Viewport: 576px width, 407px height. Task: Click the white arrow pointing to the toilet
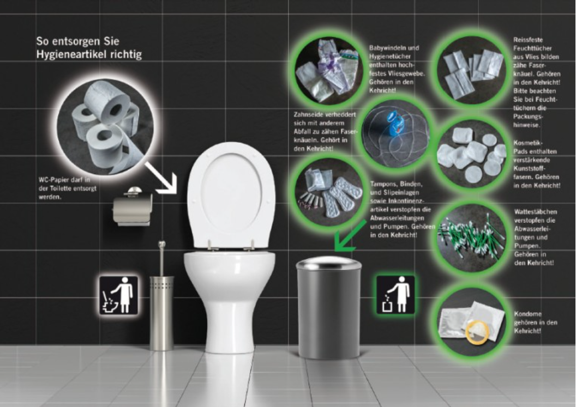(161, 177)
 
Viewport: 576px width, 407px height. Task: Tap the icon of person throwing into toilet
(119, 295)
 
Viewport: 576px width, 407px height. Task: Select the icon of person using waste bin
(395, 295)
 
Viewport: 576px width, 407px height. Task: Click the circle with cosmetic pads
(472, 154)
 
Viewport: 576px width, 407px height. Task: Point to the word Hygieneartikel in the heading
(89, 54)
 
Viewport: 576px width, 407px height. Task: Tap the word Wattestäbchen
(536, 212)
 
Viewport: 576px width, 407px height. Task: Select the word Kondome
(528, 314)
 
